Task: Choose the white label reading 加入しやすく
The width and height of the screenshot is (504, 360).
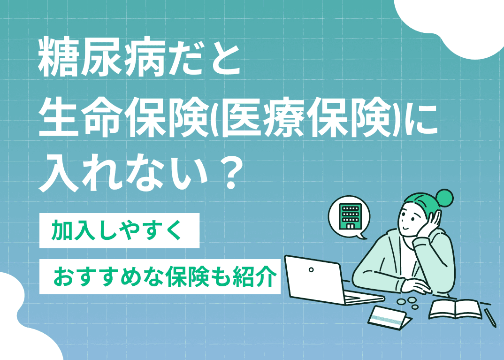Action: pyautogui.click(x=119, y=230)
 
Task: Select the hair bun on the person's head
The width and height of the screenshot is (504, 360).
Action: pyautogui.click(x=444, y=197)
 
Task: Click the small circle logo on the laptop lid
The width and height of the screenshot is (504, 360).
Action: pyautogui.click(x=311, y=270)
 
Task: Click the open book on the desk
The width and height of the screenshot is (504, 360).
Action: pyautogui.click(x=455, y=309)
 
